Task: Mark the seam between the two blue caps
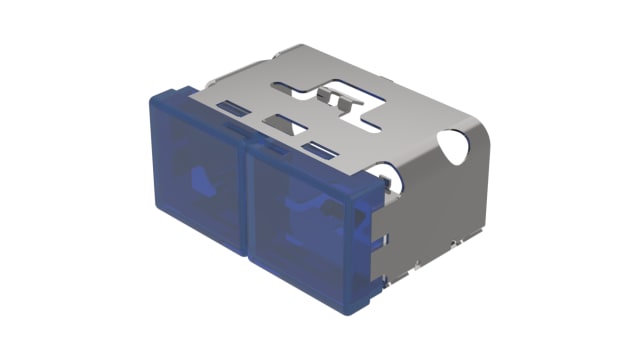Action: pos(248,200)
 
